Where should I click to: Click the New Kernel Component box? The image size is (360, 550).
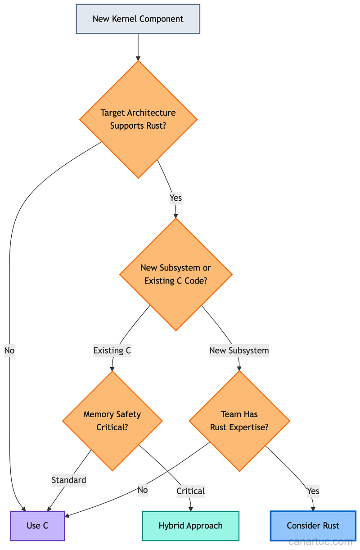[x=138, y=19]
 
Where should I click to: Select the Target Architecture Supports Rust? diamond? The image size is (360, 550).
[x=138, y=119]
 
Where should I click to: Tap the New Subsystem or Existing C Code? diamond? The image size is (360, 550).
[x=175, y=274]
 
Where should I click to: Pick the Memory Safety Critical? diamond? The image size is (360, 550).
[x=112, y=421]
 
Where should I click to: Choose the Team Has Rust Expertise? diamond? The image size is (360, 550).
[x=239, y=421]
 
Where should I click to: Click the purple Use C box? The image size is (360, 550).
[x=37, y=526]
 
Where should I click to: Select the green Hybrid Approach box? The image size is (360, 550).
[x=190, y=526]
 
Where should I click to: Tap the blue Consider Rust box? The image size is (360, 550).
[x=313, y=526]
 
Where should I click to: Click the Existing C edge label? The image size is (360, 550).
[x=112, y=351]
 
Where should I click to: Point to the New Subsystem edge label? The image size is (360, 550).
[x=239, y=351]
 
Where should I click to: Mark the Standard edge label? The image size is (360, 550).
[x=69, y=480]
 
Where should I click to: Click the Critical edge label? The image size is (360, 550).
[x=190, y=491]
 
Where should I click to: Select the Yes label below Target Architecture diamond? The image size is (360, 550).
[x=175, y=198]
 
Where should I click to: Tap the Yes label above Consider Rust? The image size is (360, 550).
[x=313, y=491]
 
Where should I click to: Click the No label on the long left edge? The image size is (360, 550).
[x=9, y=351]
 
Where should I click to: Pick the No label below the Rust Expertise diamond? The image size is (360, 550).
[x=143, y=490]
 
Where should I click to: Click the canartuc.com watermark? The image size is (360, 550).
[x=320, y=541]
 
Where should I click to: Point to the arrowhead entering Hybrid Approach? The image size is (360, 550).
[x=191, y=508]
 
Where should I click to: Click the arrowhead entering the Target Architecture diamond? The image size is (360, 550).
[x=138, y=58]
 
